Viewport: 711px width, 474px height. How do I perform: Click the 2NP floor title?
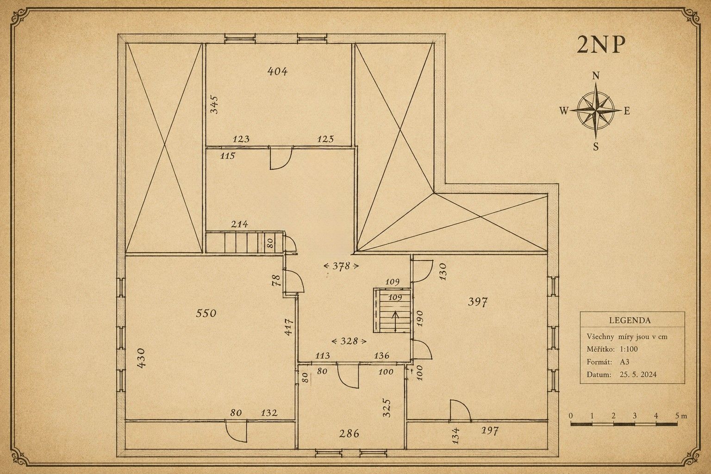click(600, 45)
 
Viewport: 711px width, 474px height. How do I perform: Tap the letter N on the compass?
click(596, 76)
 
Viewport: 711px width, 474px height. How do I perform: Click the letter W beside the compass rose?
click(564, 111)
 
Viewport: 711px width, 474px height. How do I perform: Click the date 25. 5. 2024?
click(638, 374)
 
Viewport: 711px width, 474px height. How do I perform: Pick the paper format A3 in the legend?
click(624, 362)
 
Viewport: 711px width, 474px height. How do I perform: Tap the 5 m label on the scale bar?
click(681, 416)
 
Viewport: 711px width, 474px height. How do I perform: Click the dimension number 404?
click(277, 71)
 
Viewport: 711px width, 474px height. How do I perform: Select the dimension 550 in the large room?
click(206, 313)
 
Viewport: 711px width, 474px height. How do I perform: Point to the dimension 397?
click(478, 302)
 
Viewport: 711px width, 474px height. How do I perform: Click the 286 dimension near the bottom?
click(349, 434)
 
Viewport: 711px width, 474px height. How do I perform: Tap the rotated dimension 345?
click(215, 105)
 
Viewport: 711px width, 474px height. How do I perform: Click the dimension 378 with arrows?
click(341, 266)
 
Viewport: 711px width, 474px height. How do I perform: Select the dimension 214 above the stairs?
click(239, 225)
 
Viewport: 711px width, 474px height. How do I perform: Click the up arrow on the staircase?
click(395, 321)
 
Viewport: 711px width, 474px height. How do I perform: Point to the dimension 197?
click(490, 431)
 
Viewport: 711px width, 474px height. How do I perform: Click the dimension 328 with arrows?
click(349, 341)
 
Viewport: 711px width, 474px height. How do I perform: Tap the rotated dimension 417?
click(288, 327)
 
